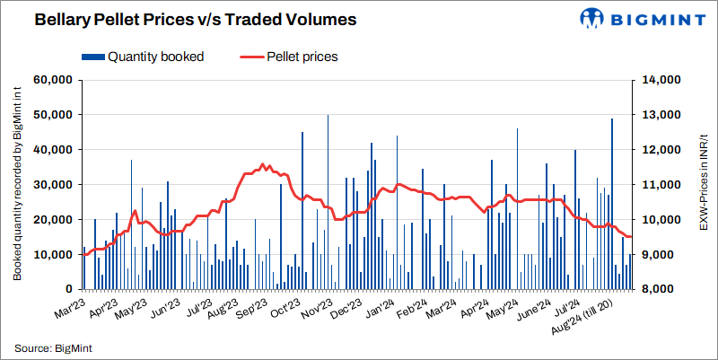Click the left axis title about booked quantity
(17, 184)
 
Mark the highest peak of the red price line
(262, 164)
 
